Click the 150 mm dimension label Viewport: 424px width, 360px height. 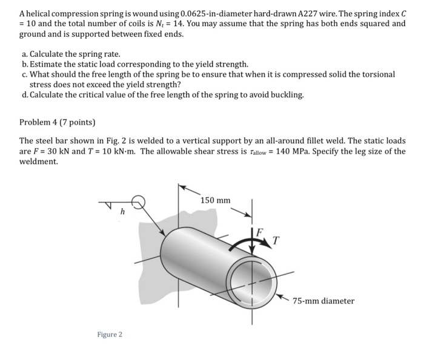[215, 200]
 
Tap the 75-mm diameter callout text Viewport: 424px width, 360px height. [323, 301]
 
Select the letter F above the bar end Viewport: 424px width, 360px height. [259, 232]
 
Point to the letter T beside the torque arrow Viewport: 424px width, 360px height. [276, 241]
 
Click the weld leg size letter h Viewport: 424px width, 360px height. [122, 212]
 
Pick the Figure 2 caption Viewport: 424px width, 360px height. [110, 334]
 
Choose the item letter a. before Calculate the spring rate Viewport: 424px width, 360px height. [24, 54]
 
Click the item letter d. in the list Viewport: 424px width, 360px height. [24, 95]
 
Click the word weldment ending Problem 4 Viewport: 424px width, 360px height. [39, 161]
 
